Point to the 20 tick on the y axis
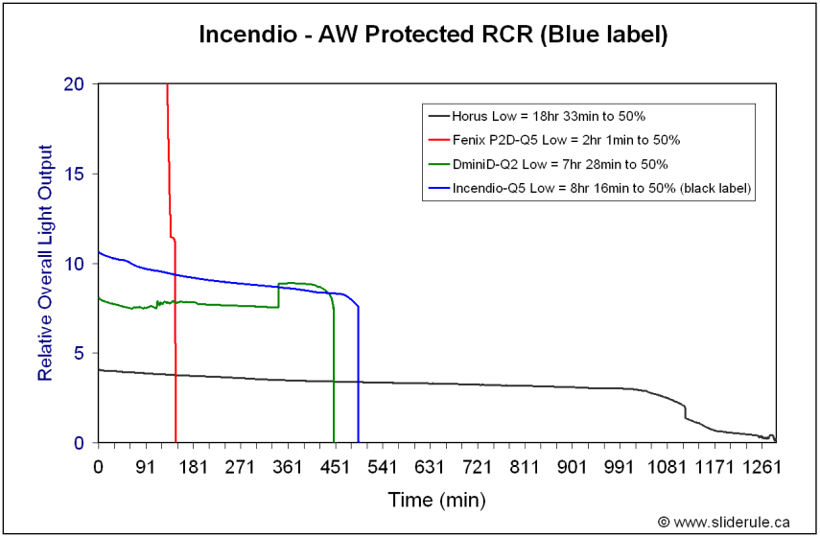[x=74, y=83]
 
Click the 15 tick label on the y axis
[x=74, y=174]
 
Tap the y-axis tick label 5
[x=80, y=354]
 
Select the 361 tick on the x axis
[x=287, y=466]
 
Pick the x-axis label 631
[x=429, y=466]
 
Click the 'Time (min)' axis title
[x=436, y=501]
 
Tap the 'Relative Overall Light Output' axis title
[x=45, y=263]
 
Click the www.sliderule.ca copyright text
[x=724, y=522]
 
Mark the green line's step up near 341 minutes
[x=278, y=295]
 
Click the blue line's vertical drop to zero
[x=359, y=374]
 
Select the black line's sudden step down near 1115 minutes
[x=685, y=412]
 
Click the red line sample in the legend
[x=438, y=140]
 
